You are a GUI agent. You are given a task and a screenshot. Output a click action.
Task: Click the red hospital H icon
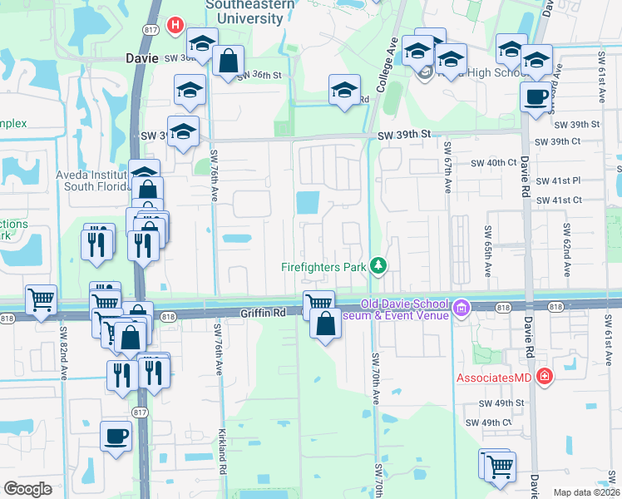[175, 26]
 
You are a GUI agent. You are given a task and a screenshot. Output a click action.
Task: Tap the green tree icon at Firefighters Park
[379, 265]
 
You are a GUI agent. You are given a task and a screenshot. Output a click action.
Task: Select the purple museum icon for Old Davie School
[462, 311]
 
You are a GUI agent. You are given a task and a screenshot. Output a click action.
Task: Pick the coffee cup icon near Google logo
[116, 435]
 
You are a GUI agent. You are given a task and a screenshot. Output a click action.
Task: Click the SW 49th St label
[501, 403]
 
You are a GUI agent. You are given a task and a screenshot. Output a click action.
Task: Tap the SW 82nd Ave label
[63, 348]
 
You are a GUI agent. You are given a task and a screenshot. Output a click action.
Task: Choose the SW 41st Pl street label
[558, 180]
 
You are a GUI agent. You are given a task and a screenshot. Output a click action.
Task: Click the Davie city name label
[141, 59]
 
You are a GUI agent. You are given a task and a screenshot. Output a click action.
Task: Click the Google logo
[27, 489]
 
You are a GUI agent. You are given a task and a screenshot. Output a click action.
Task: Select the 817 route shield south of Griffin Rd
[140, 413]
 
